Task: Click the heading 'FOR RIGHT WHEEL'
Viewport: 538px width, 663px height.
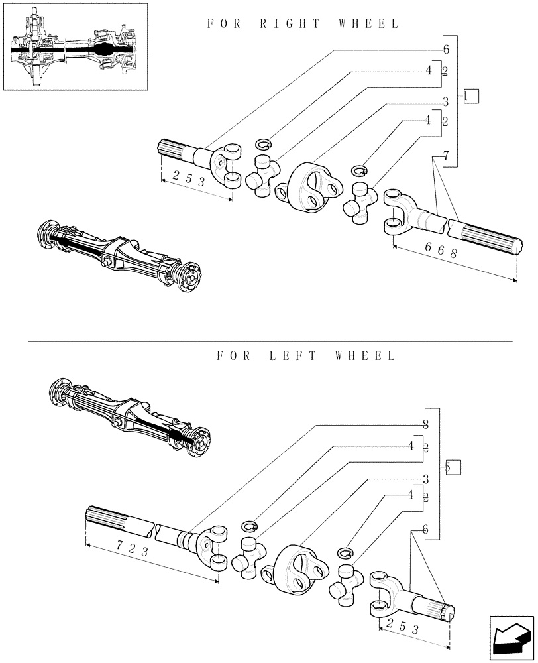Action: [x=303, y=24]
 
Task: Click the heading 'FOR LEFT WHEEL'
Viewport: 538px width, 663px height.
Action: [x=306, y=356]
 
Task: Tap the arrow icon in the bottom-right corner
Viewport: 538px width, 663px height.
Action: [x=511, y=637]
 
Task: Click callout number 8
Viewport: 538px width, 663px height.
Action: [x=426, y=424]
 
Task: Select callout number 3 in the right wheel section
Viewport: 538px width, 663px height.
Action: [x=446, y=101]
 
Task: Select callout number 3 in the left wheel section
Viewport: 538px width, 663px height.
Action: [x=426, y=479]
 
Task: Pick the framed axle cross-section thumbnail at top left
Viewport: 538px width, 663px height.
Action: [x=75, y=46]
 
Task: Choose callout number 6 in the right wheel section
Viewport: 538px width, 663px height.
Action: [x=446, y=50]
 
